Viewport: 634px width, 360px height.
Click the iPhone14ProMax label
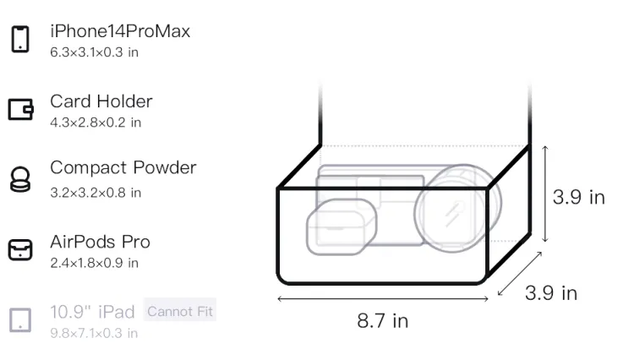tap(120, 31)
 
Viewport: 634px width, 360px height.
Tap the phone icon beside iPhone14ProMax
tap(20, 39)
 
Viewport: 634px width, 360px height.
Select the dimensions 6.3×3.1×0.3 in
tap(94, 52)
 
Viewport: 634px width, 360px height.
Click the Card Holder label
tap(101, 101)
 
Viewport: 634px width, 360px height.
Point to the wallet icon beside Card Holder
tap(20, 109)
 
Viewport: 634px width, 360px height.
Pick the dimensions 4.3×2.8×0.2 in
tap(96, 123)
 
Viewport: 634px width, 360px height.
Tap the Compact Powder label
tap(123, 167)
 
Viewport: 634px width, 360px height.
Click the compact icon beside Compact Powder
tap(20, 179)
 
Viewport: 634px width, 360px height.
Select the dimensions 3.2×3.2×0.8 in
tap(96, 193)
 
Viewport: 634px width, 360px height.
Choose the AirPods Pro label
tap(100, 242)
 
